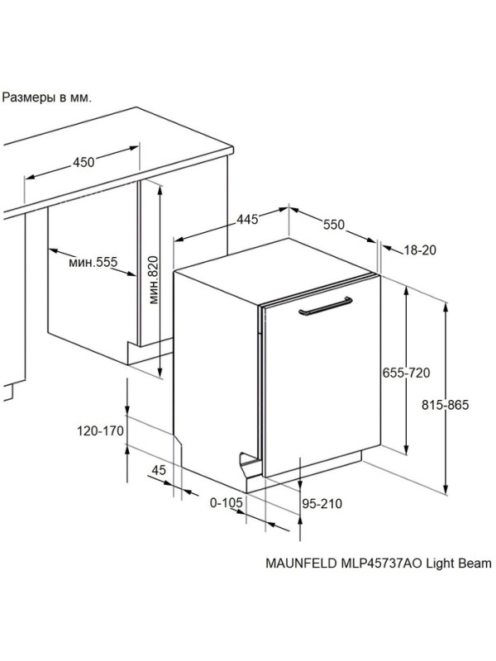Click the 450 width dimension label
click(x=84, y=162)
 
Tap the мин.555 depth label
click(x=93, y=262)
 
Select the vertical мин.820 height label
click(x=154, y=280)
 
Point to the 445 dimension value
click(x=246, y=219)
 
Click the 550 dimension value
click(x=334, y=225)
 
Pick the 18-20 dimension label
click(x=420, y=250)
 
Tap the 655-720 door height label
click(x=406, y=373)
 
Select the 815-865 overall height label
click(x=445, y=405)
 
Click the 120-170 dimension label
click(x=100, y=430)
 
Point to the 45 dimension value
click(x=159, y=470)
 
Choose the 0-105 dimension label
click(x=227, y=502)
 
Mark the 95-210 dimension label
click(x=322, y=503)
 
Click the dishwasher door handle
click(x=325, y=306)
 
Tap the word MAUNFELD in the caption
click(x=301, y=564)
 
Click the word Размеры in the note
click(x=29, y=98)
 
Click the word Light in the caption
click(x=440, y=564)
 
